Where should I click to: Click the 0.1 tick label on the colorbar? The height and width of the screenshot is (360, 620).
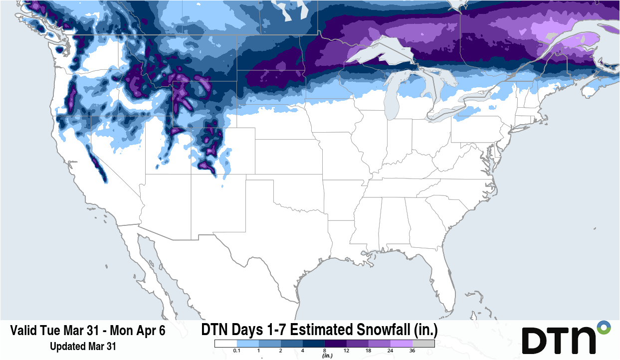pyautogui.click(x=236, y=352)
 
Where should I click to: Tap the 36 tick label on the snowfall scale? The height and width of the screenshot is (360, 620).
pyautogui.click(x=413, y=352)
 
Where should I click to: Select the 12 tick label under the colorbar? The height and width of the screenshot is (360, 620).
pyautogui.click(x=347, y=352)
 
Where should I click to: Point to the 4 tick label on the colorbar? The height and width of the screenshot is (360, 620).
pyautogui.click(x=302, y=352)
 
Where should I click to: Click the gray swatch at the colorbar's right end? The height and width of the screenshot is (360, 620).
pyautogui.click(x=423, y=344)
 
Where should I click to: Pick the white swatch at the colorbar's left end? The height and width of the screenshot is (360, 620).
pyautogui.click(x=225, y=344)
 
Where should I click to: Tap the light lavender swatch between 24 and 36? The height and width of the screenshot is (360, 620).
pyautogui.click(x=402, y=344)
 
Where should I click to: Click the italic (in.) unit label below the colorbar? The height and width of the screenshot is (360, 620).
pyautogui.click(x=327, y=356)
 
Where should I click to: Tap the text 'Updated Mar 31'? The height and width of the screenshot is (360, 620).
pyautogui.click(x=83, y=346)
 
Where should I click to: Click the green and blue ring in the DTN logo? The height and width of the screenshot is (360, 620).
pyautogui.click(x=604, y=328)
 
